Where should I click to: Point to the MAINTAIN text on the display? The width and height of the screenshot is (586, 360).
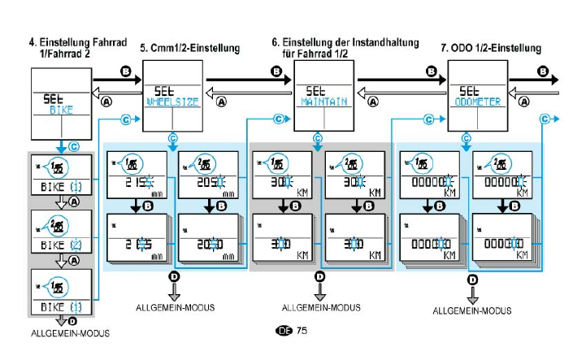coord(322,103)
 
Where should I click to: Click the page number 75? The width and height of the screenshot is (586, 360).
coord(302,331)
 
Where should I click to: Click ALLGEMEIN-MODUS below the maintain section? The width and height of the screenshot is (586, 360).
coord(319,309)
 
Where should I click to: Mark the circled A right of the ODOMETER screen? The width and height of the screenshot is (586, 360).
coord(525,102)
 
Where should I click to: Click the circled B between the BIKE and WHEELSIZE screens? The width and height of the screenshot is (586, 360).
coord(125,72)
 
